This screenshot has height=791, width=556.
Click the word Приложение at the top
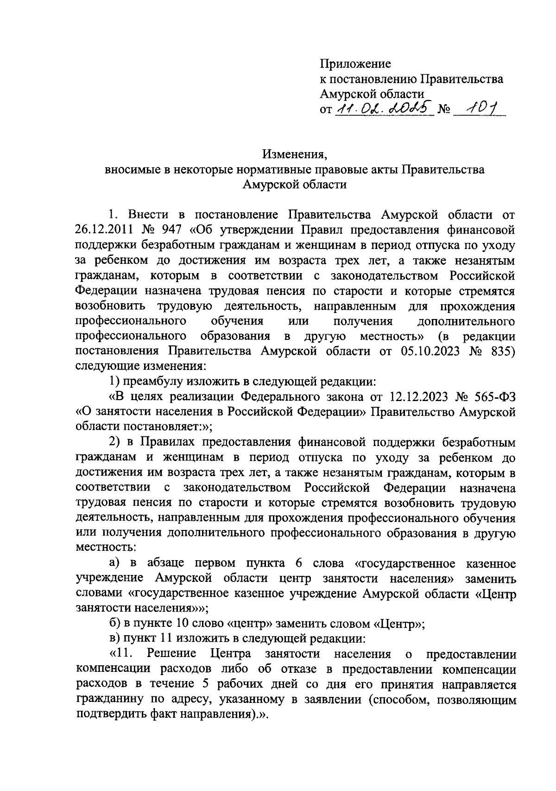click(355, 64)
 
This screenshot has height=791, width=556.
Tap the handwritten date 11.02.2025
click(383, 109)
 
